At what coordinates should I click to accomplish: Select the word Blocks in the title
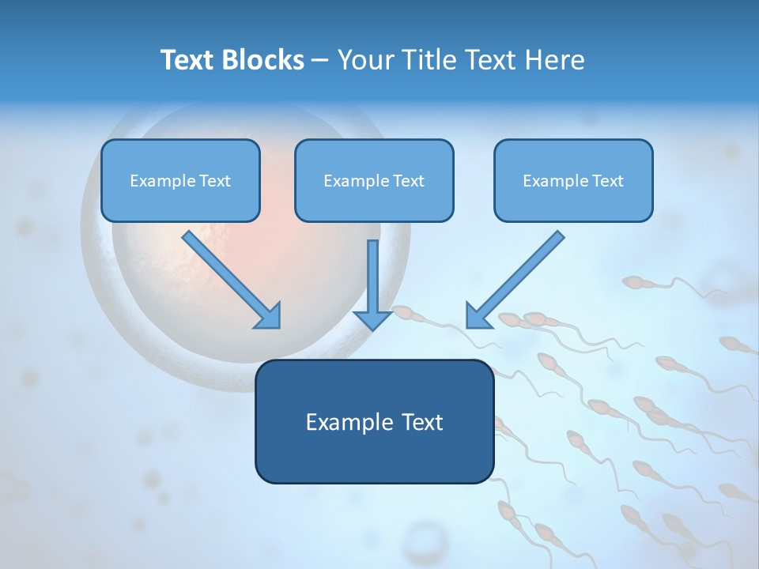click(x=264, y=60)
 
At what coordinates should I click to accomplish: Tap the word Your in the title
click(x=366, y=60)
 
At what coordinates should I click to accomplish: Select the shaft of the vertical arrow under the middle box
click(x=373, y=273)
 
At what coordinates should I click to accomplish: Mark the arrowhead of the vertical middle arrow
click(x=373, y=318)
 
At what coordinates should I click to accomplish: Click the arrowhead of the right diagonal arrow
click(x=478, y=316)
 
